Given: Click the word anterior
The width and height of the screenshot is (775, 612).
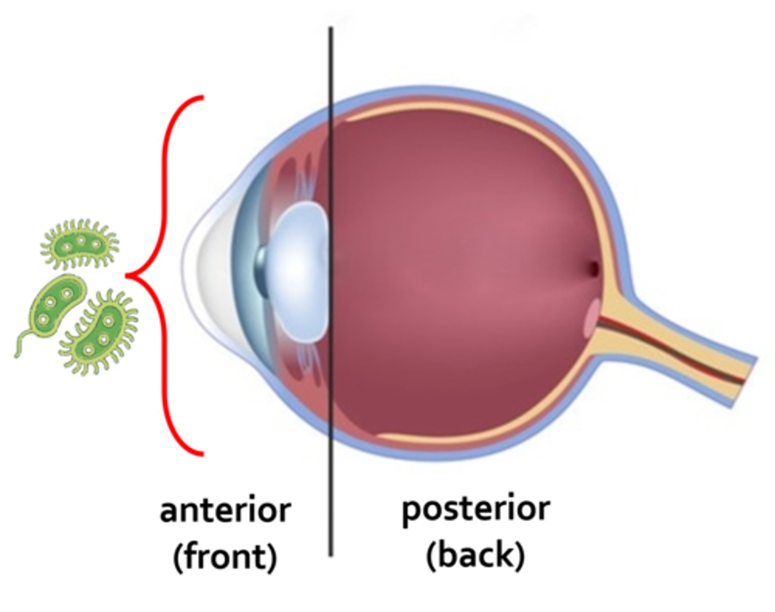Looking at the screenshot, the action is (225, 510).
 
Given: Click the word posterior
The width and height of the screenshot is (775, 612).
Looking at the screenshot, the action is (476, 509).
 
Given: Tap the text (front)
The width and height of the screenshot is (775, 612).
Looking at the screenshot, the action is (225, 557).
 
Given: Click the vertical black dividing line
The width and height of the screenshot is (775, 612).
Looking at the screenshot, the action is (330, 484).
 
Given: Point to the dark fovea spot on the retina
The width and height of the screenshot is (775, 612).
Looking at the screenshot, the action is (593, 268).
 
